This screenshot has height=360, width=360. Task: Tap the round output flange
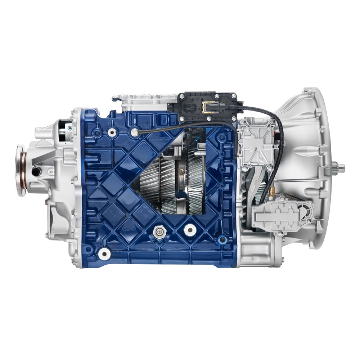(21, 170)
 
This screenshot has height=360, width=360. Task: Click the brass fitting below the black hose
(273, 189)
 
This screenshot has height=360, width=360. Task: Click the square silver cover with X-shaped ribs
(256, 144)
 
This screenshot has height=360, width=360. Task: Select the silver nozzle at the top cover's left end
(114, 97)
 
